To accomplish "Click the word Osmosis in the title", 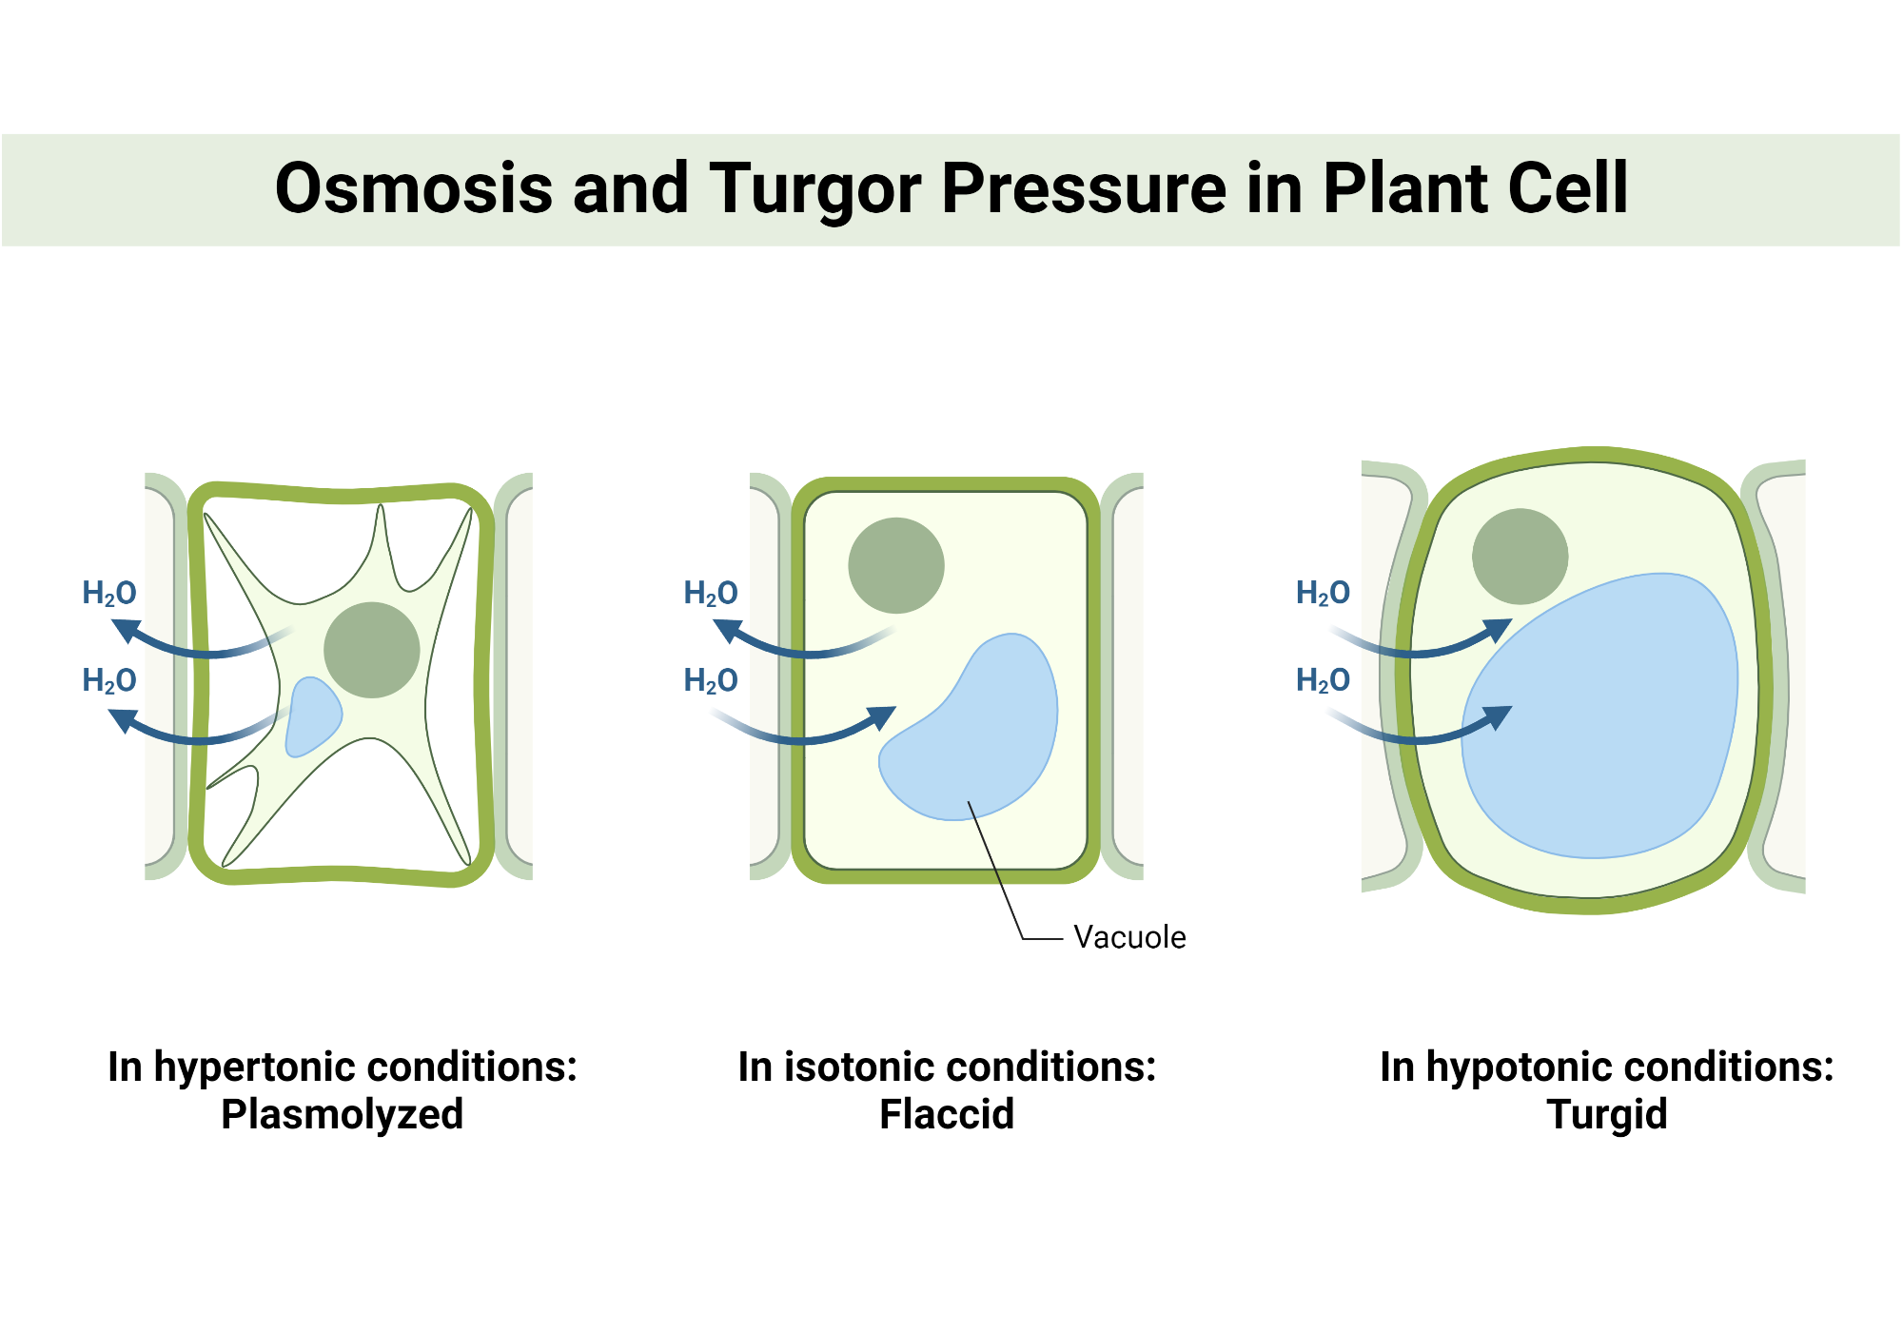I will click(x=413, y=187).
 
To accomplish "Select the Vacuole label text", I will click(x=1129, y=937).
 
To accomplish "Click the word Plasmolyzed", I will click(x=342, y=1114).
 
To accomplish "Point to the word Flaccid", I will click(x=947, y=1114).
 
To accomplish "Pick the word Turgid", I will click(x=1607, y=1114).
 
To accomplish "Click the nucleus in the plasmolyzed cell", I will click(x=372, y=650).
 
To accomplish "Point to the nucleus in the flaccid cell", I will click(x=896, y=565).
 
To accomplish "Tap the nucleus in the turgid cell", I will click(x=1520, y=557).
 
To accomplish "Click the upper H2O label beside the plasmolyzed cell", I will click(x=109, y=593).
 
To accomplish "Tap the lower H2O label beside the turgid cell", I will click(x=1323, y=680).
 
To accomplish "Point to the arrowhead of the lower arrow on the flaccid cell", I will click(x=881, y=717).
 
